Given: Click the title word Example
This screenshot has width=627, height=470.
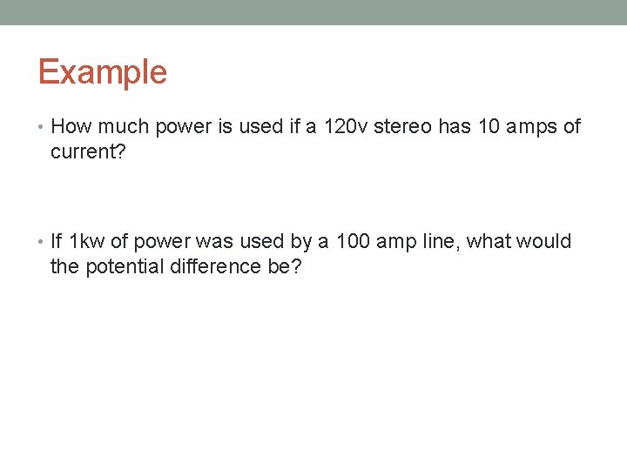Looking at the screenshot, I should tap(102, 72).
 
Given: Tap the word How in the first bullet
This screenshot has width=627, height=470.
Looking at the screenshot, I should tap(71, 127).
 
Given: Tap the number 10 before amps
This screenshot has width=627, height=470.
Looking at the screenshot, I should tap(490, 127).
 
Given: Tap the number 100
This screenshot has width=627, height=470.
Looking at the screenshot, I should tap(353, 241).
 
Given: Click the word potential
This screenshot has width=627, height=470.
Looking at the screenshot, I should tap(129, 266).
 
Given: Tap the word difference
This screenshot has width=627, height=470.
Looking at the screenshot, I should tap(222, 266).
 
